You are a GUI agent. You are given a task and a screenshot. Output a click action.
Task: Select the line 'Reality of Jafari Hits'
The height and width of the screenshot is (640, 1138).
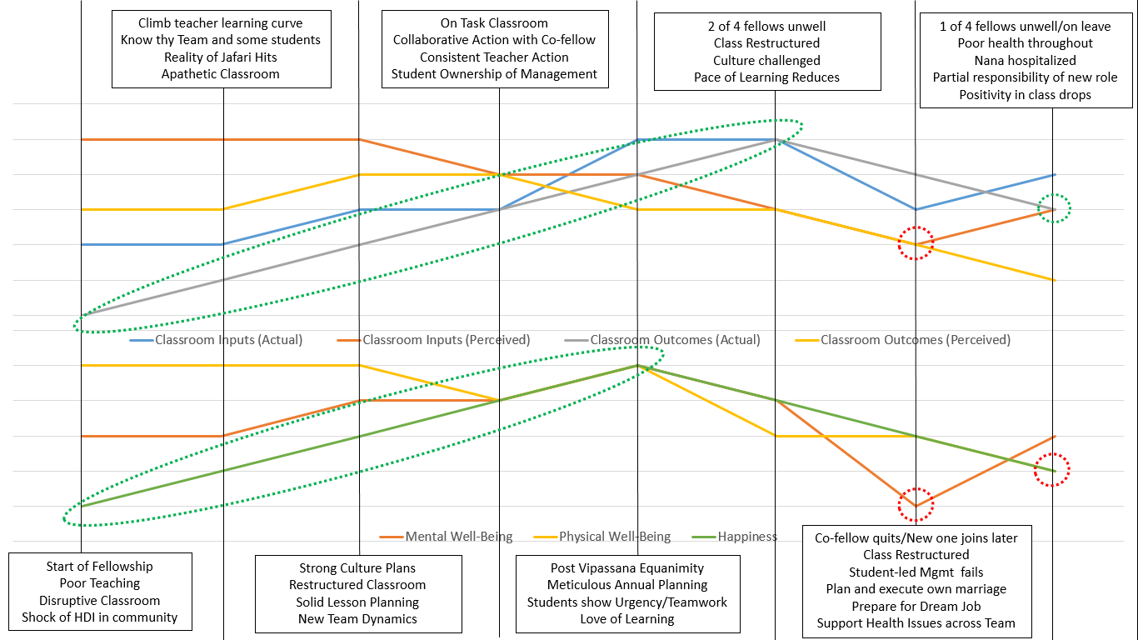tap(221, 57)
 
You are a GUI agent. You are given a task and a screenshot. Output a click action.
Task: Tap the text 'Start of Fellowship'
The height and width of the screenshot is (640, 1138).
tap(100, 567)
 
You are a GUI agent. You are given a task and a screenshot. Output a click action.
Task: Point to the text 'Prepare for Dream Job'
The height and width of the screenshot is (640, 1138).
tap(916, 606)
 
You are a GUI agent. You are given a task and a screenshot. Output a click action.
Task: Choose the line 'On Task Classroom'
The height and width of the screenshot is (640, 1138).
tap(495, 23)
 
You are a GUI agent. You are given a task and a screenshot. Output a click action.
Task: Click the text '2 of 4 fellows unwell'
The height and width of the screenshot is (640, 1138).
tap(766, 26)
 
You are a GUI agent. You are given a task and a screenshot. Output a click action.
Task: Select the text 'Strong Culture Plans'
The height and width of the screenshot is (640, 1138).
tap(357, 567)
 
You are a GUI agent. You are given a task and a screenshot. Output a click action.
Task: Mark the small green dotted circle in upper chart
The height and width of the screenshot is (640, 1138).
tap(1054, 209)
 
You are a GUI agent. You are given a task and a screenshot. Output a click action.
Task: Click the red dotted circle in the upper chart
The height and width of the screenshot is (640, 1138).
tap(916, 243)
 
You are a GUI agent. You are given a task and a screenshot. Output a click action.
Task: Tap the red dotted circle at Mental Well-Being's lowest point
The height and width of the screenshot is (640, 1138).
tap(916, 504)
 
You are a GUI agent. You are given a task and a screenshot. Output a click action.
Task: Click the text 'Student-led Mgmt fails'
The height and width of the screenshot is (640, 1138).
tap(916, 572)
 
